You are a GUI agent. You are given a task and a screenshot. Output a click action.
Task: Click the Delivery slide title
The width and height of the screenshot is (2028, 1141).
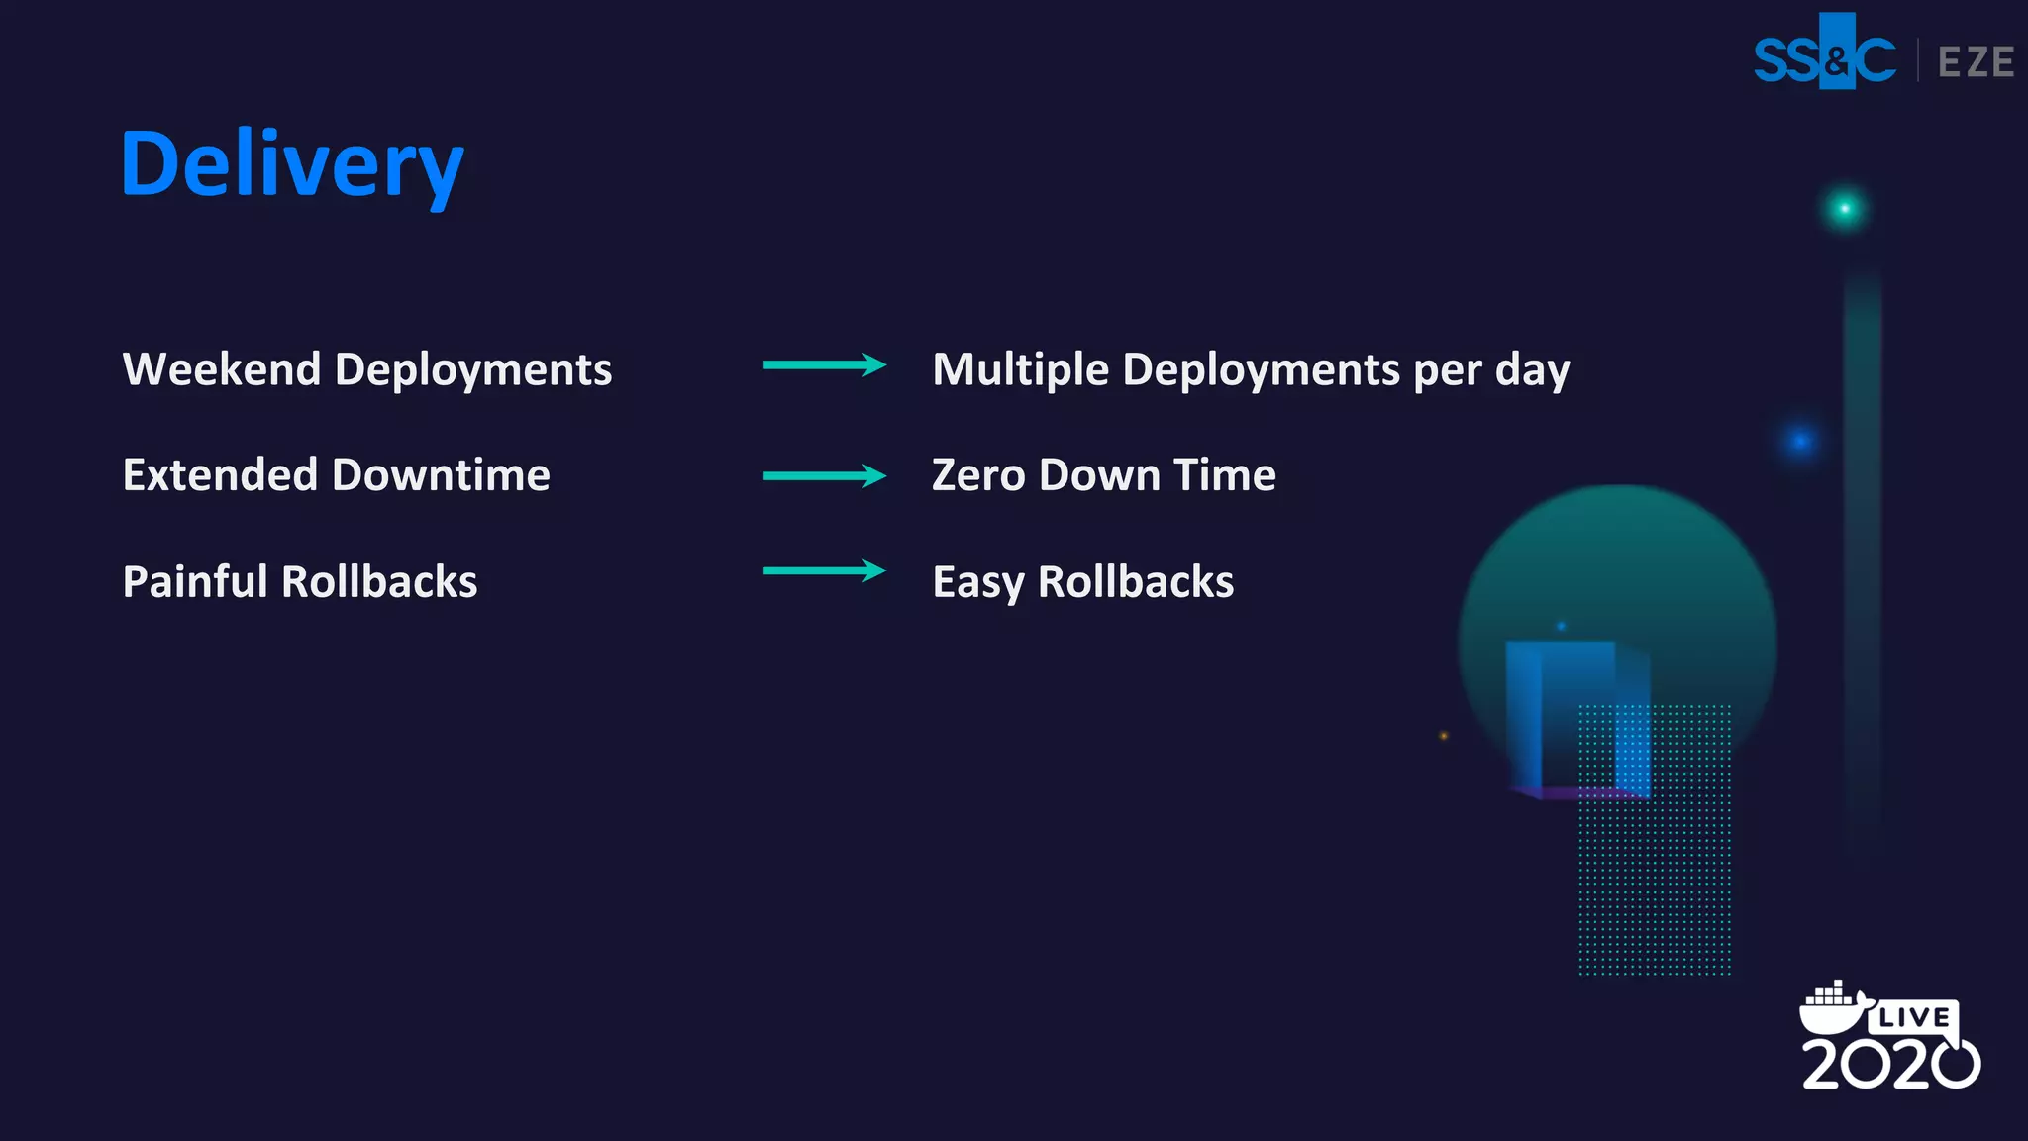tap(292, 164)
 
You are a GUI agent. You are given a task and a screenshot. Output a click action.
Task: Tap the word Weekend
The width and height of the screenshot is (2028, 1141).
tap(222, 369)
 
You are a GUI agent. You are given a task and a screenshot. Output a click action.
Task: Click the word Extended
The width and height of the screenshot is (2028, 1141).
tap(220, 474)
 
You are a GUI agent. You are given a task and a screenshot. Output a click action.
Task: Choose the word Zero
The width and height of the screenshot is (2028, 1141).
tap(978, 474)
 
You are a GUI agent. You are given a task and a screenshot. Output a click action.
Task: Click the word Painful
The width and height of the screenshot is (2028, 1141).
tap(195, 581)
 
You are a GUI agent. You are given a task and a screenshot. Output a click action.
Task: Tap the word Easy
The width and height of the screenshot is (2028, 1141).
tap(978, 582)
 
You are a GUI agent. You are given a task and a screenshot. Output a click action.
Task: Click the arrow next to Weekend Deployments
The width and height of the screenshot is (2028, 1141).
tap(824, 365)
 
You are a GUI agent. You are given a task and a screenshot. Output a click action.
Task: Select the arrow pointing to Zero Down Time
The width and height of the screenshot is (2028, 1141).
tap(824, 476)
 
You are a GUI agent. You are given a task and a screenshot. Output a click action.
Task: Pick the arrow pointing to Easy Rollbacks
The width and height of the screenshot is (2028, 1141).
tap(824, 570)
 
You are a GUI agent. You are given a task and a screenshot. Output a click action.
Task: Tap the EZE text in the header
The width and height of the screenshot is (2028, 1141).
tap(1976, 62)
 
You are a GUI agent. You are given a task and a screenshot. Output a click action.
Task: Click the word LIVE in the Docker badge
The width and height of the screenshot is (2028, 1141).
tap(1913, 1017)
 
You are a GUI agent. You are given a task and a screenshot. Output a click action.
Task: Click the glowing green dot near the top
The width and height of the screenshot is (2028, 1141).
tap(1844, 209)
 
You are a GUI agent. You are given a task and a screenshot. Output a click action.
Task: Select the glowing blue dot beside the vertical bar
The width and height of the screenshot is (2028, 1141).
tap(1800, 441)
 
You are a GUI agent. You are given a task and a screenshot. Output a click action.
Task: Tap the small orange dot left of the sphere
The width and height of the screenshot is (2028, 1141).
tap(1444, 736)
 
